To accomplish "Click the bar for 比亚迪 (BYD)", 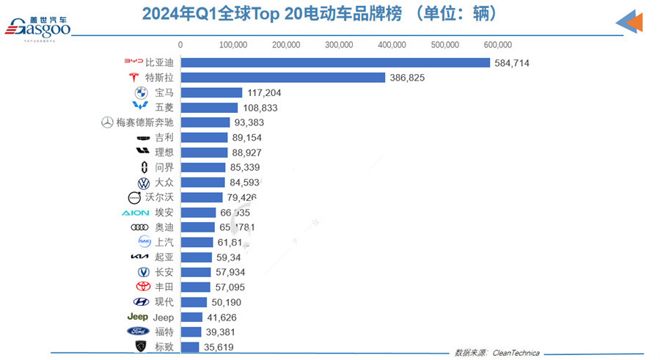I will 334,63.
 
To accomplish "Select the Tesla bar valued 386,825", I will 282,78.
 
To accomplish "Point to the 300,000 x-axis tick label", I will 340,45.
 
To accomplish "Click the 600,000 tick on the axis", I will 498,45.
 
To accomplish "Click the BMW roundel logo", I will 141,93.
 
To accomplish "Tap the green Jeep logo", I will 138,317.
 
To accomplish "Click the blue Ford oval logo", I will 138,331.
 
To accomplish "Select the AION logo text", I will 135,213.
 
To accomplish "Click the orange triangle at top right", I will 636,22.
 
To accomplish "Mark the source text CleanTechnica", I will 515,353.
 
